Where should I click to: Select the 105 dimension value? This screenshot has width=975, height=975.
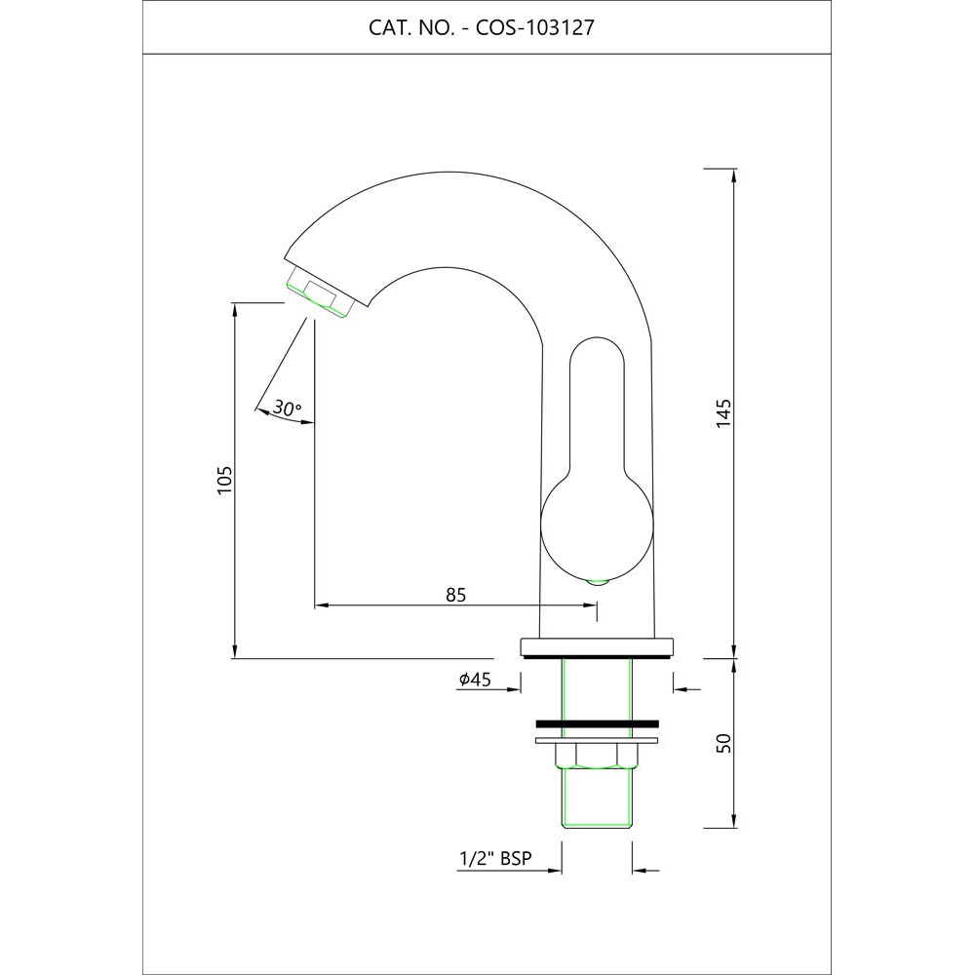pyautogui.click(x=224, y=480)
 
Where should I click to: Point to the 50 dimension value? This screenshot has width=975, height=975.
pyautogui.click(x=722, y=743)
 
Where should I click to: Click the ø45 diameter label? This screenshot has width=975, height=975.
pyautogui.click(x=474, y=681)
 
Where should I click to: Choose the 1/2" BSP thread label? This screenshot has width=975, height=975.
pyautogui.click(x=494, y=860)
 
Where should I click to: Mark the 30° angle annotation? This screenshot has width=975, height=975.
pyautogui.click(x=287, y=409)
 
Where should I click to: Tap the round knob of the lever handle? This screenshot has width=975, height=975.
pyautogui.click(x=594, y=527)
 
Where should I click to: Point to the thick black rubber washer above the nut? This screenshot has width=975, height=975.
pyautogui.click(x=597, y=724)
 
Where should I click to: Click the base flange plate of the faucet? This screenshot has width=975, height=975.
pyautogui.click(x=597, y=645)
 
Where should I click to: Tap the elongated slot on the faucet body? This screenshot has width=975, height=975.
pyautogui.click(x=595, y=400)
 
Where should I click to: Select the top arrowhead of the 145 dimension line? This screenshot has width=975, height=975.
pyautogui.click(x=734, y=174)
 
